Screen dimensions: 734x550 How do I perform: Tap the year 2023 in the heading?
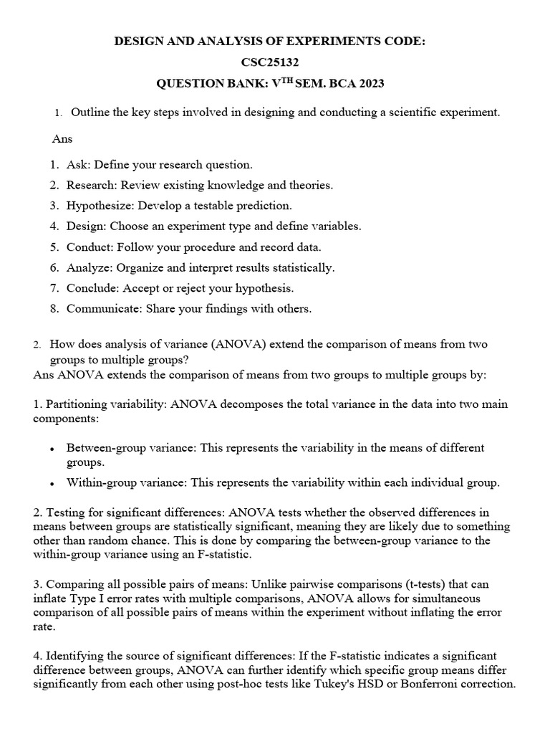(370, 84)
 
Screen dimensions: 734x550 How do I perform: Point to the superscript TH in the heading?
(284, 81)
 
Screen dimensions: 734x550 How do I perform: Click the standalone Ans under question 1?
(62, 138)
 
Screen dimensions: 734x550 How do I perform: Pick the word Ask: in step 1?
(79, 164)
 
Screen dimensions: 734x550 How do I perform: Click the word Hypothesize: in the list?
(99, 206)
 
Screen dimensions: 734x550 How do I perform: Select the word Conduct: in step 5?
(87, 247)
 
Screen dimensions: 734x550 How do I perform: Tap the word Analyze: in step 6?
(87, 267)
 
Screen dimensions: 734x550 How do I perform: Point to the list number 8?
(54, 309)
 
